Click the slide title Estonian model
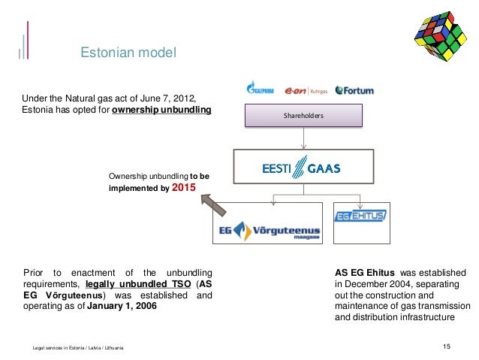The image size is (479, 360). (128, 53)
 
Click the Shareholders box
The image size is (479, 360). (304, 115)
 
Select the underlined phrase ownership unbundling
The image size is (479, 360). (161, 110)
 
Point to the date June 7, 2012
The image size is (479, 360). (175, 98)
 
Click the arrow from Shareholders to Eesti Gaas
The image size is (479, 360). (304, 138)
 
